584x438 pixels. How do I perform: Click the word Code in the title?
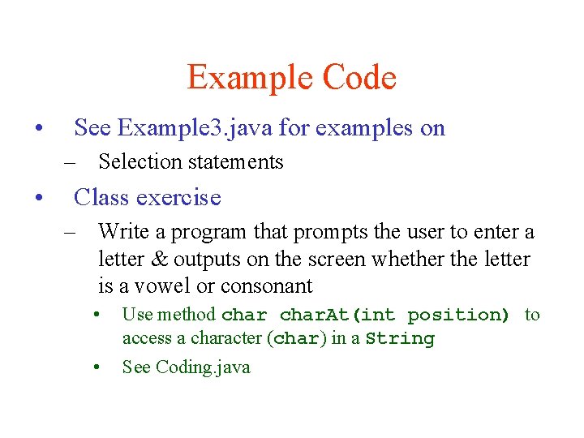coord(359,78)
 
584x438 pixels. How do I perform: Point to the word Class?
coord(102,197)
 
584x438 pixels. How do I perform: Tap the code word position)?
coord(458,316)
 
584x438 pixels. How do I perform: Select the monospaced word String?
coord(400,339)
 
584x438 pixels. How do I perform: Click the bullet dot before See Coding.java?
coord(96,367)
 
